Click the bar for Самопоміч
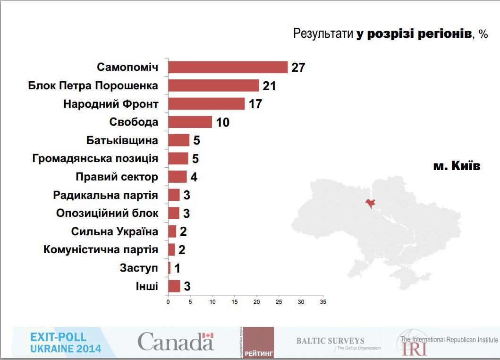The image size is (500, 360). pos(228,67)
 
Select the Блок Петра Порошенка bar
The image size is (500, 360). pos(213,86)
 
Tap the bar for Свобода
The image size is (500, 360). pos(190,122)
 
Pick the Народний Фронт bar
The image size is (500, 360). pos(206,104)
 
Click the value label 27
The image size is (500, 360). pos(298,68)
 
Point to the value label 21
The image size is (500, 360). pos(269,86)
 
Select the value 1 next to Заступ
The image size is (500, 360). pos(177,268)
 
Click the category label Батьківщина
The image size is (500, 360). pos(122,140)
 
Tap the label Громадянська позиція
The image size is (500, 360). pos(95,158)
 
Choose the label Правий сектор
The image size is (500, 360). pos(117,177)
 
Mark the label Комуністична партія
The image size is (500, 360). pos(101,249)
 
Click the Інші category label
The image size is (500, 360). pos(147,286)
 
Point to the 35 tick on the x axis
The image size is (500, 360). pos(322,301)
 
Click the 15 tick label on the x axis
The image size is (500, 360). pos(234,301)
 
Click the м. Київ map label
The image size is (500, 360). pos(457,166)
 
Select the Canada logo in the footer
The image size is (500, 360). pos(176,341)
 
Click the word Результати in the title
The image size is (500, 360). pos(323,34)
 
